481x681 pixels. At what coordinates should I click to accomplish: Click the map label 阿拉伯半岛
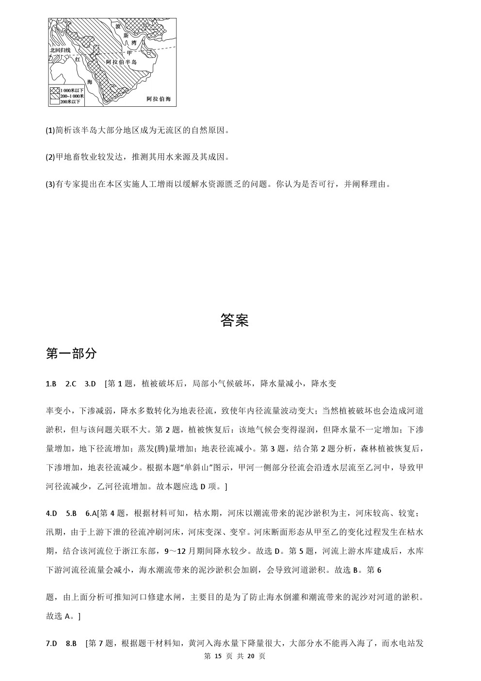tap(121, 62)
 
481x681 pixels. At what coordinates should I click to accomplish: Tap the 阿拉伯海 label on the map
tap(159, 99)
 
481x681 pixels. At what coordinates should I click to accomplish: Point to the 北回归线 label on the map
tap(60, 50)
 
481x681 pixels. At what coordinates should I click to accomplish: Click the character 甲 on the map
tap(129, 52)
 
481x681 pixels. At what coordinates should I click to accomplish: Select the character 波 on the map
tap(117, 26)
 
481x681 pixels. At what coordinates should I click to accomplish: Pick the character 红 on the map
tap(77, 59)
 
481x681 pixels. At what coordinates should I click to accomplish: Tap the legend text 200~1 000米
tap(72, 96)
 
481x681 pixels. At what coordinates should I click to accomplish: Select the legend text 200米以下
tap(72, 101)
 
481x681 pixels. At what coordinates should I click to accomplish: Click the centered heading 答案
tap(234, 320)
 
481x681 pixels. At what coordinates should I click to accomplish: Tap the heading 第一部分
tap(71, 353)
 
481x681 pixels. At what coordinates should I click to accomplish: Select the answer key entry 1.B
tap(51, 383)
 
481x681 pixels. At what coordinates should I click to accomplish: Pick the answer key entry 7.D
tap(51, 643)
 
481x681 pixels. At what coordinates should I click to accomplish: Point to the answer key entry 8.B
tap(71, 643)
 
